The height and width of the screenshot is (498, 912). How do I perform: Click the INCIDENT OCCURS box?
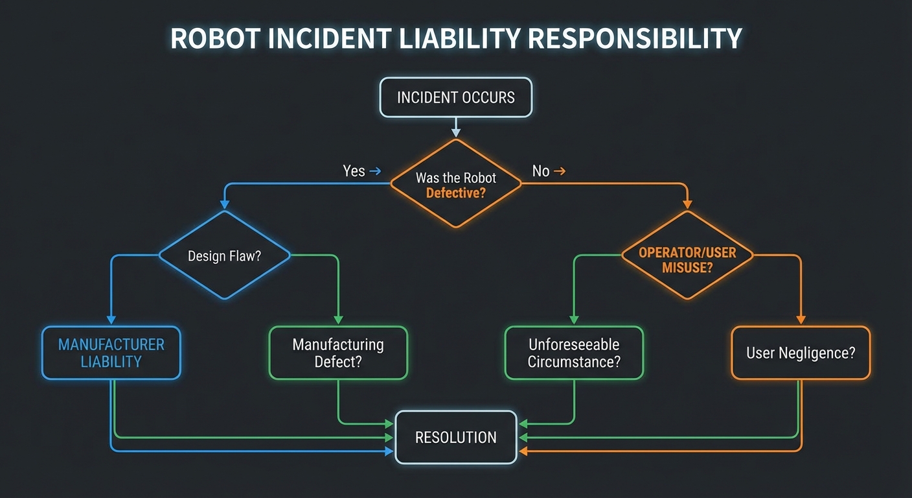[x=455, y=97]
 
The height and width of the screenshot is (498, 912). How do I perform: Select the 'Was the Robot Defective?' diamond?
[x=455, y=184]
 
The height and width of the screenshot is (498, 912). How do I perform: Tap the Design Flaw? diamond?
[x=224, y=255]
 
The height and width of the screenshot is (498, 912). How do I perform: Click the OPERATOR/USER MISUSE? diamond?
[x=687, y=255]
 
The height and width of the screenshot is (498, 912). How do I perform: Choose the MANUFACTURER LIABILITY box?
[x=111, y=352]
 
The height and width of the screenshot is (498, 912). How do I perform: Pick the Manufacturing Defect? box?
[x=338, y=352]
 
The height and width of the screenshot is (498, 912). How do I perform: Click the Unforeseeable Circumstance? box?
[x=574, y=352]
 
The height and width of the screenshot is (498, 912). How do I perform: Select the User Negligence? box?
[x=801, y=352]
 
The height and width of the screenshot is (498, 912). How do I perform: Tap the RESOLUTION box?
[x=455, y=437]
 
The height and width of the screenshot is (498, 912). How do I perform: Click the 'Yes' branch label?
[x=354, y=171]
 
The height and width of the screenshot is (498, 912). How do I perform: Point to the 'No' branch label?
[x=540, y=171]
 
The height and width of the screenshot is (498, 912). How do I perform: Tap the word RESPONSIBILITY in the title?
[x=635, y=39]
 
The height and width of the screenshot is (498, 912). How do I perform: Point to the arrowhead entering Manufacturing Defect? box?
[x=338, y=320]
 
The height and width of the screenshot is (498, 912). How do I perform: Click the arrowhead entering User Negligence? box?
[x=801, y=320]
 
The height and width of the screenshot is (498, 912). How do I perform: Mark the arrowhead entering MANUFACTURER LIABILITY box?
[x=111, y=320]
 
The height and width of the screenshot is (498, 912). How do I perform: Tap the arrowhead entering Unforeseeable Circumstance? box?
[x=574, y=320]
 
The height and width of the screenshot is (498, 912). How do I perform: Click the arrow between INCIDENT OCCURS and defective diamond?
[x=456, y=128]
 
